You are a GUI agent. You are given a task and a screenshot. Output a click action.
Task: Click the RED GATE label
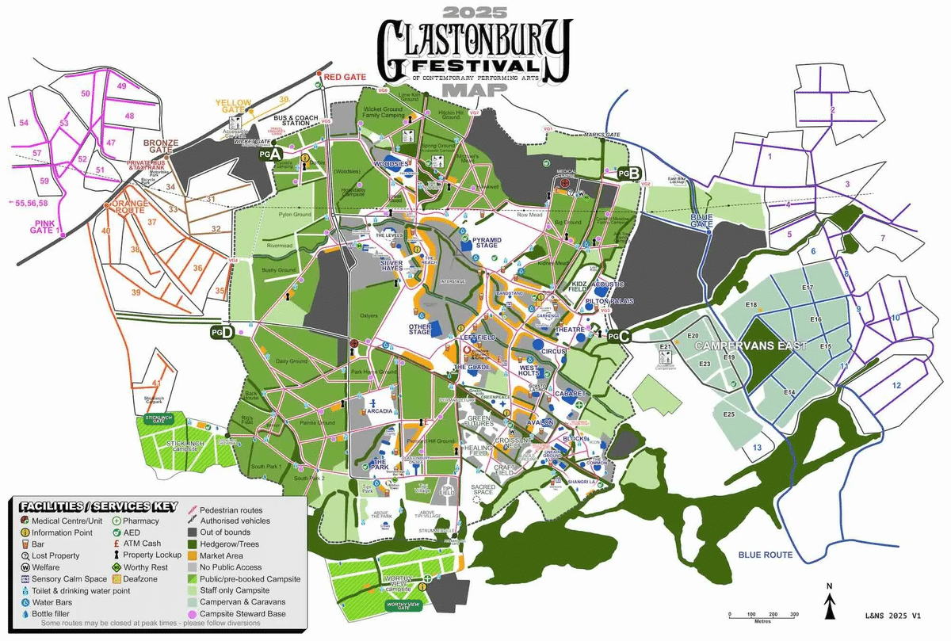tap(344, 77)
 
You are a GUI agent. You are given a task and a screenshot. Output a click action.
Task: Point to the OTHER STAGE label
tap(420, 328)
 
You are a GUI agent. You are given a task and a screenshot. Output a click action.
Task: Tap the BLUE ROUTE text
tap(765, 555)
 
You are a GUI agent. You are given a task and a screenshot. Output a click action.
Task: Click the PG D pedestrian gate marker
tap(222, 333)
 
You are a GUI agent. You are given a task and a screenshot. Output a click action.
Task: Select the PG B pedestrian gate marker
tap(628, 173)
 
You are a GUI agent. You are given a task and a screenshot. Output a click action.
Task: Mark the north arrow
tap(829, 605)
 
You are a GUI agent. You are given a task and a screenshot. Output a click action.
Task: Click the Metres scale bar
tap(762, 615)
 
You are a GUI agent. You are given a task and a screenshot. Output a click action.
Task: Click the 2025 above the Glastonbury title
tap(473, 13)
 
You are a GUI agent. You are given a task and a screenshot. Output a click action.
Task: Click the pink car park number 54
tap(24, 123)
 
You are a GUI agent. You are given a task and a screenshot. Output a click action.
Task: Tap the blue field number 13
tap(757, 448)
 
